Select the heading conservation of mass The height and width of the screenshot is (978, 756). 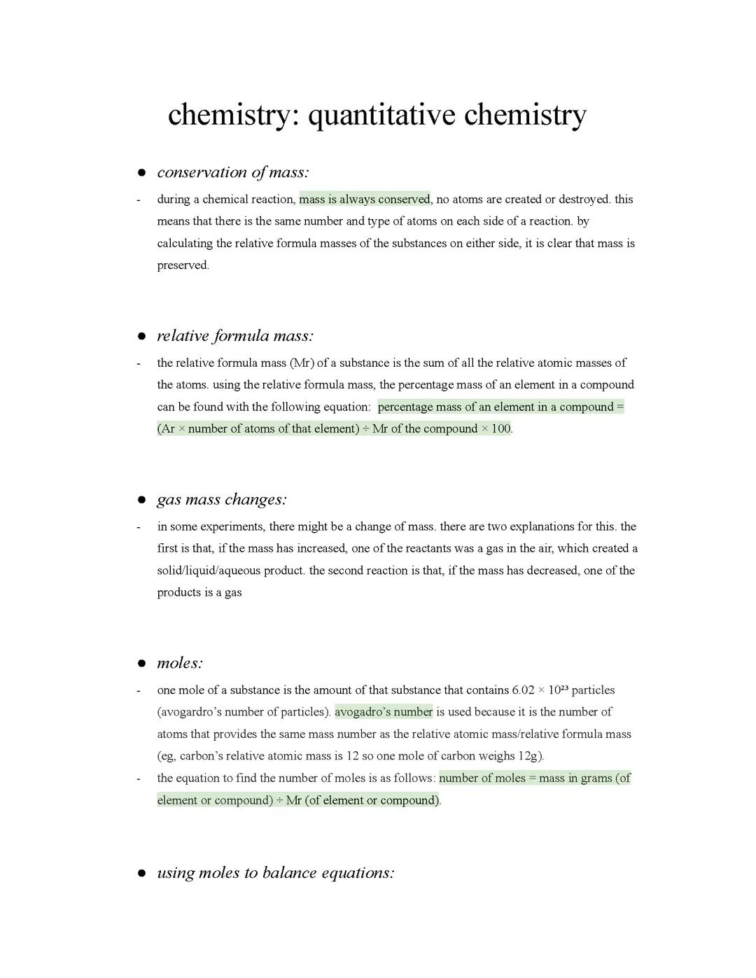pyautogui.click(x=232, y=172)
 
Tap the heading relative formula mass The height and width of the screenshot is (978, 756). pyautogui.click(x=234, y=336)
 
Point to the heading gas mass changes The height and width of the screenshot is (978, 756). pyautogui.click(x=222, y=500)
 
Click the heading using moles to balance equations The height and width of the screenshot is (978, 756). pyautogui.click(x=275, y=873)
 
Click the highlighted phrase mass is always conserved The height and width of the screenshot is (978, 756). pyautogui.click(x=364, y=200)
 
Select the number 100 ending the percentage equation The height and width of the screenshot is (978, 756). pyautogui.click(x=500, y=428)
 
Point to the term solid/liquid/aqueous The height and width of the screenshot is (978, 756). pyautogui.click(x=213, y=571)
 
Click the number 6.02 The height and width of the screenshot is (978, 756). pyautogui.click(x=523, y=690)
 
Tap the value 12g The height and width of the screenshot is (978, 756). pyautogui.click(x=530, y=756)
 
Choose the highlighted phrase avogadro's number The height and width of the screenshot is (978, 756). pyautogui.click(x=384, y=712)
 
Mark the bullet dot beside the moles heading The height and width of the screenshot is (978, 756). pyautogui.click(x=141, y=664)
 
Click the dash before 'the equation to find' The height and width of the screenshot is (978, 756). pyautogui.click(x=139, y=778)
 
